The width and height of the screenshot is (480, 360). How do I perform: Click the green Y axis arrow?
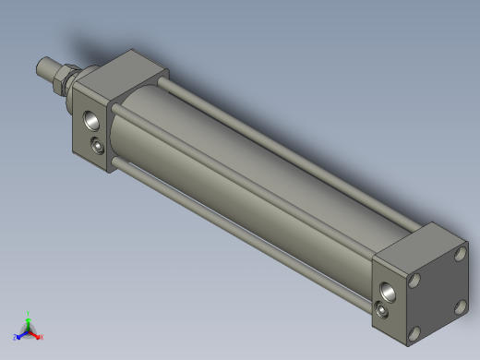[29, 317]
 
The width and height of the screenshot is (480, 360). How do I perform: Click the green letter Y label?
[30, 312]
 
